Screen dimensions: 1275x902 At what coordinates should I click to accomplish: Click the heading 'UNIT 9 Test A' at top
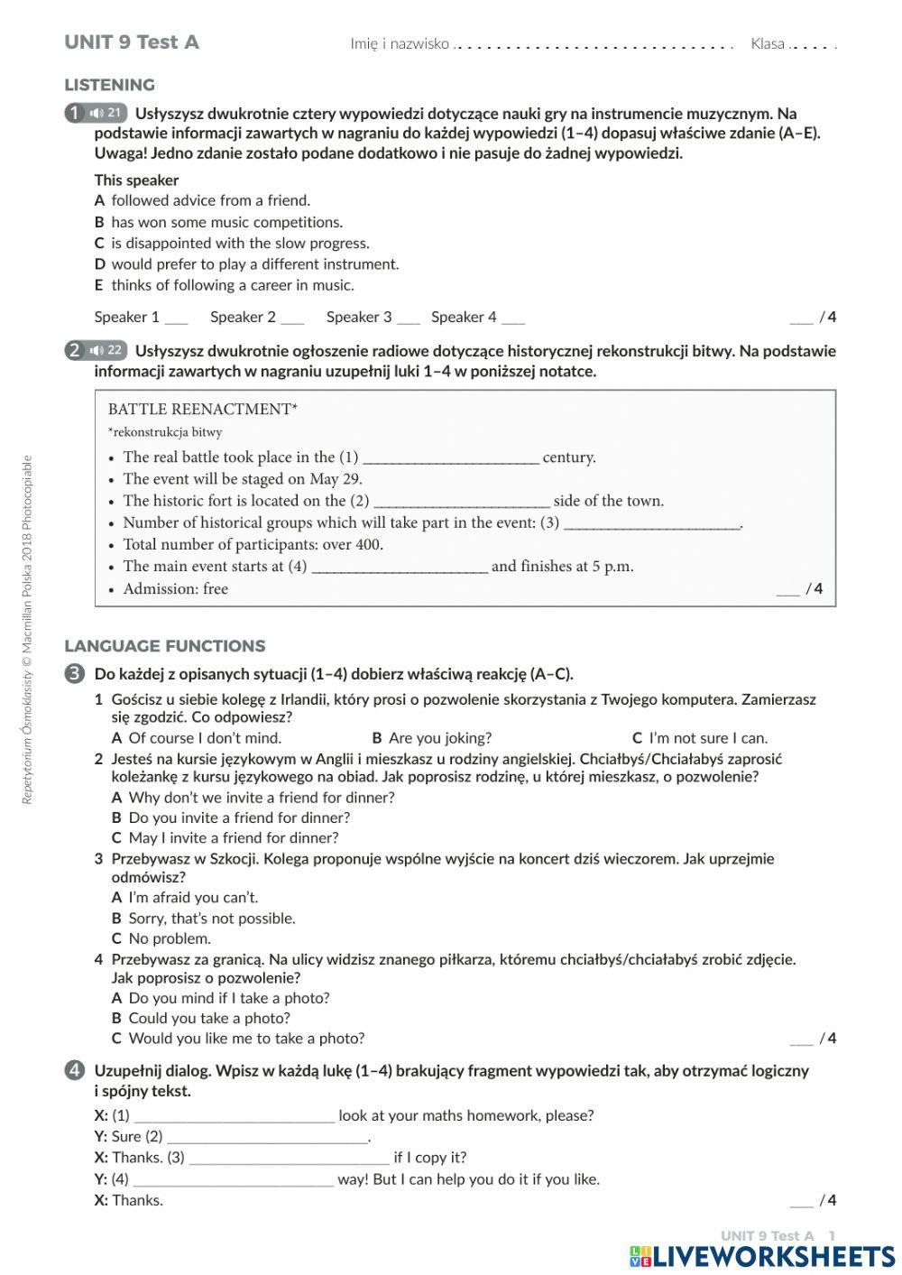click(132, 42)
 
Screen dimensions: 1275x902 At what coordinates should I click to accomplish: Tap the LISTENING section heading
click(109, 85)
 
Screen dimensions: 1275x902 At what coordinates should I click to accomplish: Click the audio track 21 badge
click(106, 114)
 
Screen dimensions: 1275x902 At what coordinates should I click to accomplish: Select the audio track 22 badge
click(106, 351)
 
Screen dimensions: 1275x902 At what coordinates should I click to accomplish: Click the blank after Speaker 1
click(177, 318)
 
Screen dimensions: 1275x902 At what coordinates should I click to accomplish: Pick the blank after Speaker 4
click(513, 318)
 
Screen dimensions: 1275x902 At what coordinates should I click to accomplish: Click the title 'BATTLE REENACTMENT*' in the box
click(202, 409)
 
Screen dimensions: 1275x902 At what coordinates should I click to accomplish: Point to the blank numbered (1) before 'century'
click(450, 458)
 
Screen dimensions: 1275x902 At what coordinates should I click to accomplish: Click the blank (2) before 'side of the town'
click(461, 502)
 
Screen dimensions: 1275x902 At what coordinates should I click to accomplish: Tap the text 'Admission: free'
click(175, 589)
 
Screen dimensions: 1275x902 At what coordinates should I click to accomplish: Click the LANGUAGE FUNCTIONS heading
click(165, 646)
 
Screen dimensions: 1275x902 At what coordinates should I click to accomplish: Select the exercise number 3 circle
click(75, 674)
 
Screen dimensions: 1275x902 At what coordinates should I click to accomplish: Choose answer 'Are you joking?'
click(440, 738)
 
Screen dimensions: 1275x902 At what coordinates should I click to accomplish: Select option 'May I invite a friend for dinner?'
click(233, 837)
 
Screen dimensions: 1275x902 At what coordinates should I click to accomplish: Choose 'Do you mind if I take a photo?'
click(229, 998)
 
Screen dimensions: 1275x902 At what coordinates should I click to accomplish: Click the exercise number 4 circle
click(75, 1071)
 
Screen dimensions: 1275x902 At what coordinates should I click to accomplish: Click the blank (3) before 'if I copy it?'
click(289, 1159)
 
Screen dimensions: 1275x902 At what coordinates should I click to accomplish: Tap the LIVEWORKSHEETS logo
click(762, 1256)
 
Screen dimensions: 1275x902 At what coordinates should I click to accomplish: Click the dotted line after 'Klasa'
click(813, 45)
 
